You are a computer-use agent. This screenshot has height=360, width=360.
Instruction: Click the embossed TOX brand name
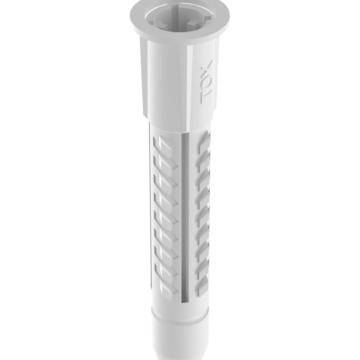[207, 81]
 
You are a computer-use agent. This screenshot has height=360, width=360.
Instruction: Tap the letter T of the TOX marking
[206, 96]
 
